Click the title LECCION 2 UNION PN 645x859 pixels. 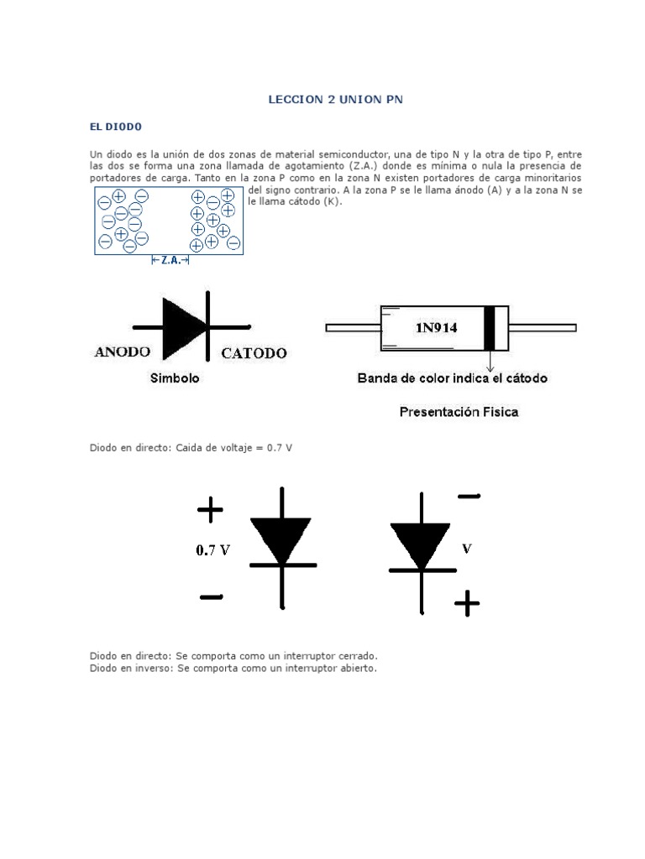tap(335, 99)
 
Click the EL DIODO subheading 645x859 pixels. tap(116, 127)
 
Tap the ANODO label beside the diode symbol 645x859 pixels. tap(123, 352)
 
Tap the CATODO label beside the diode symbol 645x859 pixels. tap(254, 353)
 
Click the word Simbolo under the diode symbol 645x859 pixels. tap(175, 378)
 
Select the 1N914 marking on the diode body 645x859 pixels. tap(436, 328)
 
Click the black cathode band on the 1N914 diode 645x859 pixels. tap(490, 328)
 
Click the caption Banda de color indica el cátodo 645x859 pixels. tap(452, 378)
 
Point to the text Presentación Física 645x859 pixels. tap(459, 412)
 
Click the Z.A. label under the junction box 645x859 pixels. tap(170, 261)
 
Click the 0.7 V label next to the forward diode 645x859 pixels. tap(212, 551)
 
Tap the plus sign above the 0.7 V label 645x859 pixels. tap(210, 508)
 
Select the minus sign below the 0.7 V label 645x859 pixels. tap(211, 597)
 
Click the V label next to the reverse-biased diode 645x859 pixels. tap(467, 549)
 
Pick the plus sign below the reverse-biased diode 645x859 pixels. tap(466, 603)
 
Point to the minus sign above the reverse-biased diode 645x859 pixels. tap(469, 497)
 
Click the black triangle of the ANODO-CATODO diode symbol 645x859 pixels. tap(182, 326)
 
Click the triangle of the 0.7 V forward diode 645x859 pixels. tap(281, 537)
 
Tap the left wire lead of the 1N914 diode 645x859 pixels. tap(353, 327)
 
